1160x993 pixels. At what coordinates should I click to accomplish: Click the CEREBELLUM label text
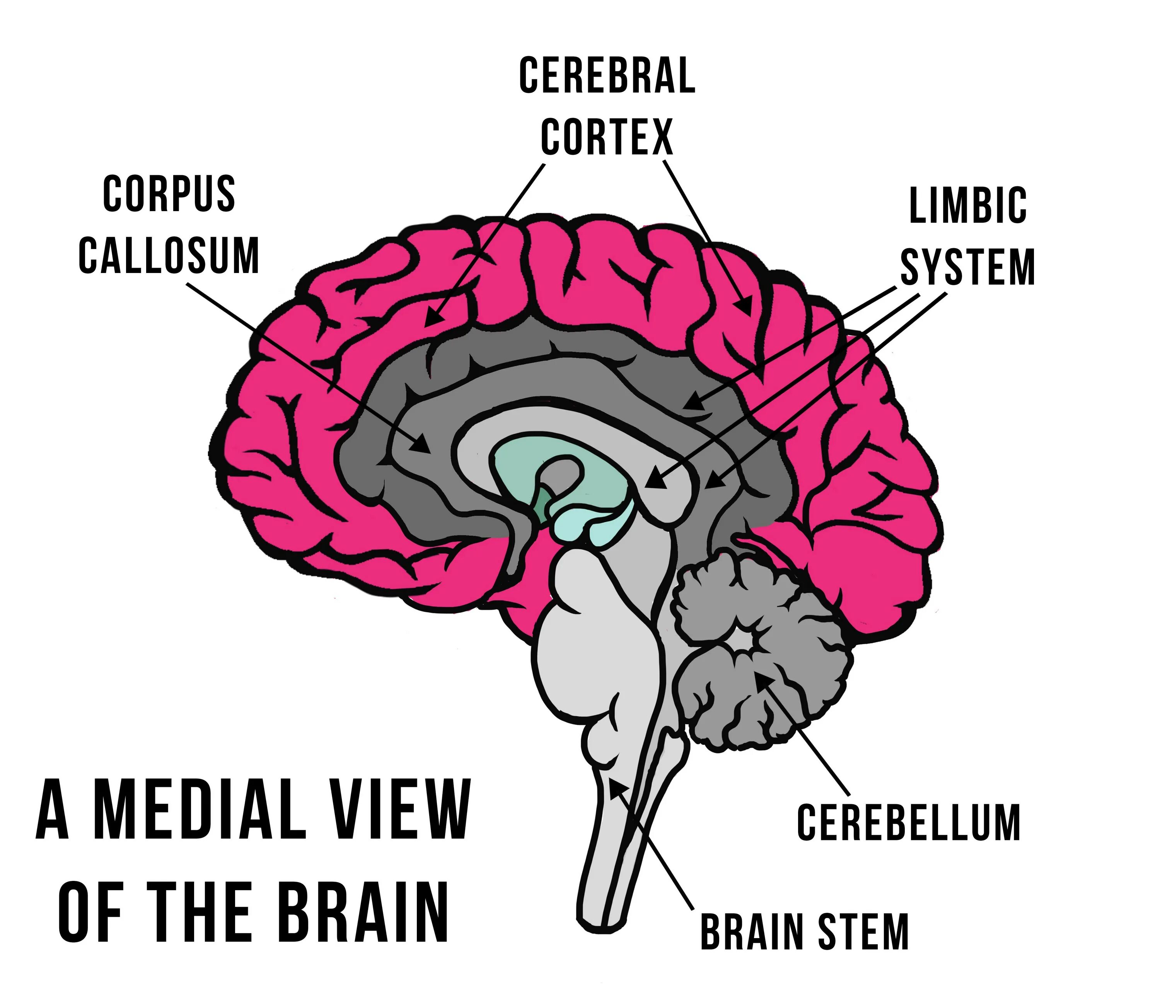point(908,823)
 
